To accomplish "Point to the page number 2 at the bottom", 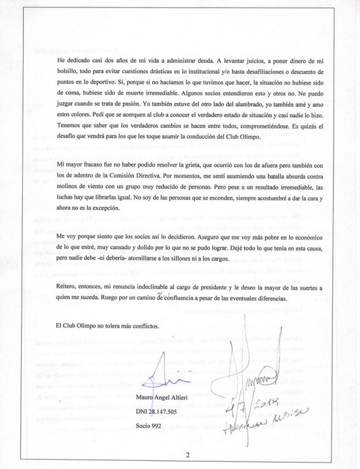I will click(188, 453).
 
